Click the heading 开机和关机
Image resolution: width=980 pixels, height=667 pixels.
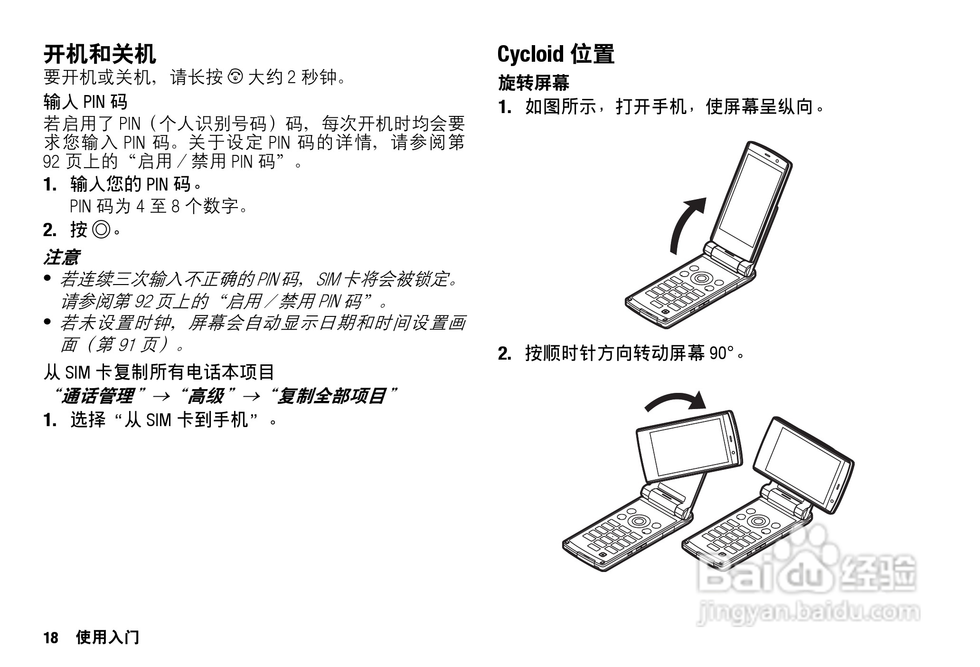pos(100,54)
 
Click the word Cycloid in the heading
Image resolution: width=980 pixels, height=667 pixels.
pos(530,54)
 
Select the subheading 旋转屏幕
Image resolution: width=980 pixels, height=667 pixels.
pos(533,83)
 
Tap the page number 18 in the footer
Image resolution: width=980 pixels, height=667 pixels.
pos(51,637)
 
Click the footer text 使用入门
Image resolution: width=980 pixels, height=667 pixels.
pos(107,637)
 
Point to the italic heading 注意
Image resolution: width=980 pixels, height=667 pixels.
pos(61,257)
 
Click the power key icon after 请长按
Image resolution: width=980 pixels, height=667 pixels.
pos(236,76)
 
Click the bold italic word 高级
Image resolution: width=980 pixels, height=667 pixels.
pos(206,396)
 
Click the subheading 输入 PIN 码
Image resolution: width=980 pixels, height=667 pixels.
pos(85,102)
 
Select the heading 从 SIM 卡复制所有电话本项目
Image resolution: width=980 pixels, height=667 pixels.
pos(159,372)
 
